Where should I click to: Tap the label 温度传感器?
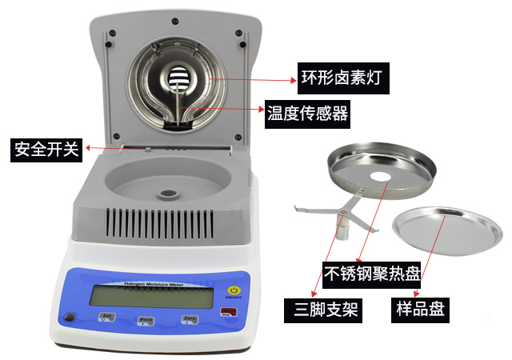[x=307, y=114]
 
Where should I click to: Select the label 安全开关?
[x=45, y=149]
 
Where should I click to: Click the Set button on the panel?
[x=106, y=318]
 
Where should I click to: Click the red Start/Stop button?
[x=231, y=312]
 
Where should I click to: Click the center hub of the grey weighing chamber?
[x=169, y=193]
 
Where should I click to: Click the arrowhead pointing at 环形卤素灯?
[x=291, y=79]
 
